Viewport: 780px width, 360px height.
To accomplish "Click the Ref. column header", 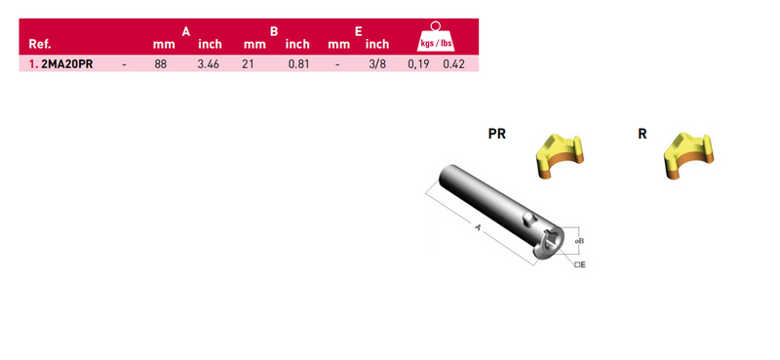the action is [40, 44].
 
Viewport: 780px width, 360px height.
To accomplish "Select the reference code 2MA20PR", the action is [67, 64].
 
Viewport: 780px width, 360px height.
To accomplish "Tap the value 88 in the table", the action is [160, 64].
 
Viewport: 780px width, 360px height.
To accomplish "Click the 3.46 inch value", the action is [208, 64].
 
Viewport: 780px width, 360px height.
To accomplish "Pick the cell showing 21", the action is [248, 64].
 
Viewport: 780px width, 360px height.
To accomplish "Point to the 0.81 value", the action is [298, 64].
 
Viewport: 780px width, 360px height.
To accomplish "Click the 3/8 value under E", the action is [377, 64].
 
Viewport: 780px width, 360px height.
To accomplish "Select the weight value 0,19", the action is [418, 64].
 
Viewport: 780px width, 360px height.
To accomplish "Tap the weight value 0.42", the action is [453, 64].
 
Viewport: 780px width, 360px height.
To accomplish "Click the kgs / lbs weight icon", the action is [435, 37].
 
